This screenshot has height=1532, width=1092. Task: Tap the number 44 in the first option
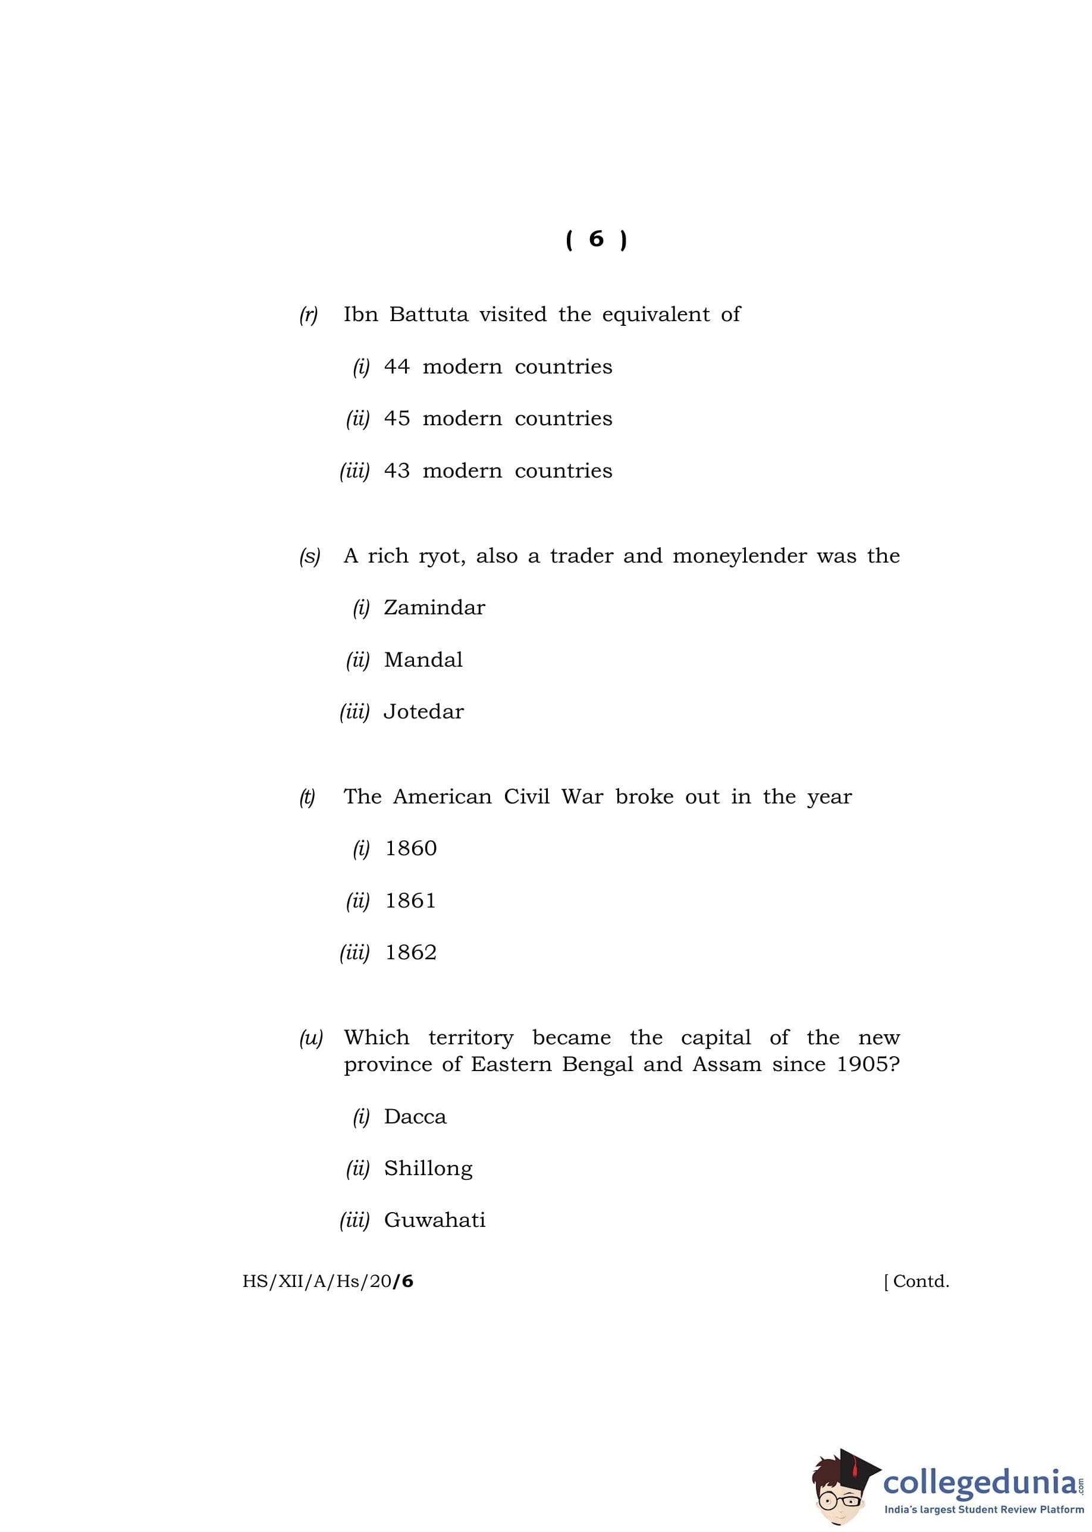click(x=397, y=366)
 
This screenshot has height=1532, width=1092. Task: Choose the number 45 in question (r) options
click(x=397, y=418)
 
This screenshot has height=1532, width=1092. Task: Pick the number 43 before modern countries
click(x=397, y=470)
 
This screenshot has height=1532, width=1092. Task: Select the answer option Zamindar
click(x=434, y=608)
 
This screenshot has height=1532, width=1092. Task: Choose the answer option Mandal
click(x=423, y=660)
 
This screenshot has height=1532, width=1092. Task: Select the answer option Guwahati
click(x=434, y=1220)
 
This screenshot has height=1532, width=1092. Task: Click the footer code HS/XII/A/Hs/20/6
click(x=328, y=1281)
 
